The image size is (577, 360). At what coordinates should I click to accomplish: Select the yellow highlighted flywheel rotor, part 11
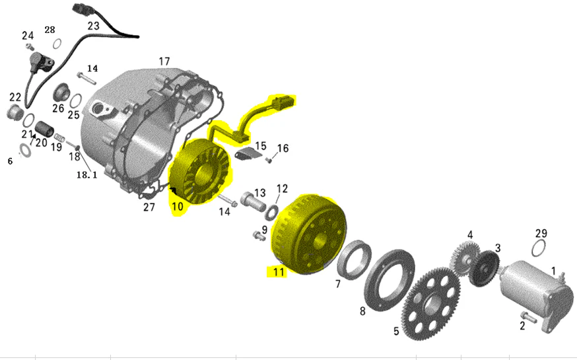(x=308, y=234)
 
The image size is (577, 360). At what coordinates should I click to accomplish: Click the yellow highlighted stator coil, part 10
(x=201, y=170)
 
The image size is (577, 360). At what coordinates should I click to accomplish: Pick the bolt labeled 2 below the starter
(x=526, y=316)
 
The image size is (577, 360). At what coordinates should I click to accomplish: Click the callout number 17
(x=164, y=61)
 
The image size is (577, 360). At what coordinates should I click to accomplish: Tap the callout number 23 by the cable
(x=94, y=26)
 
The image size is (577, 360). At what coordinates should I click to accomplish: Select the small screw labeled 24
(x=30, y=46)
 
